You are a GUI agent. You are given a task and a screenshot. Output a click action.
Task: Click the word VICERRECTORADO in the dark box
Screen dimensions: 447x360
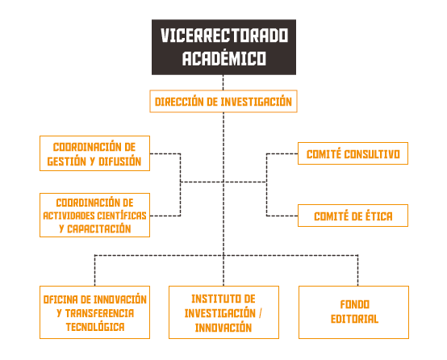pos(224,36)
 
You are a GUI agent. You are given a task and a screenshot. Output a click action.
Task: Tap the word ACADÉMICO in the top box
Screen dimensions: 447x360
pos(224,58)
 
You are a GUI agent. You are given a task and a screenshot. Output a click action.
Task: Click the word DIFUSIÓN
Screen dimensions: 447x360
pos(119,161)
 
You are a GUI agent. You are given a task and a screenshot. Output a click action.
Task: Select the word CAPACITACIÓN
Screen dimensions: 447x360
pos(99,228)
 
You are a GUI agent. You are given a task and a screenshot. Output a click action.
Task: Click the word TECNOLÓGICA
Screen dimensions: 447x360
pos(95,327)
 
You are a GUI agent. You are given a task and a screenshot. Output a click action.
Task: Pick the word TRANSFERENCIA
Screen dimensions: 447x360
pos(99,313)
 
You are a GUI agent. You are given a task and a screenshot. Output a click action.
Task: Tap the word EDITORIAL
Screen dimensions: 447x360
pos(354,319)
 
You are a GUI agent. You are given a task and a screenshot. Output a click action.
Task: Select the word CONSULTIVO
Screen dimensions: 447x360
pos(372,154)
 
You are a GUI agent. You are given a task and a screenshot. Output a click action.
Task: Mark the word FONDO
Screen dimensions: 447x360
pos(355,304)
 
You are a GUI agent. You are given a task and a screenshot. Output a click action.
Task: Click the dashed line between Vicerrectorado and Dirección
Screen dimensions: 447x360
pos(223,82)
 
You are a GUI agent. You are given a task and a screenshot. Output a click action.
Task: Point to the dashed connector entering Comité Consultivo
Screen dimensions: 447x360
pos(282,153)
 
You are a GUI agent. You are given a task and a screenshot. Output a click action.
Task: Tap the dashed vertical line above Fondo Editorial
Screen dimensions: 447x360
pos(357,270)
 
